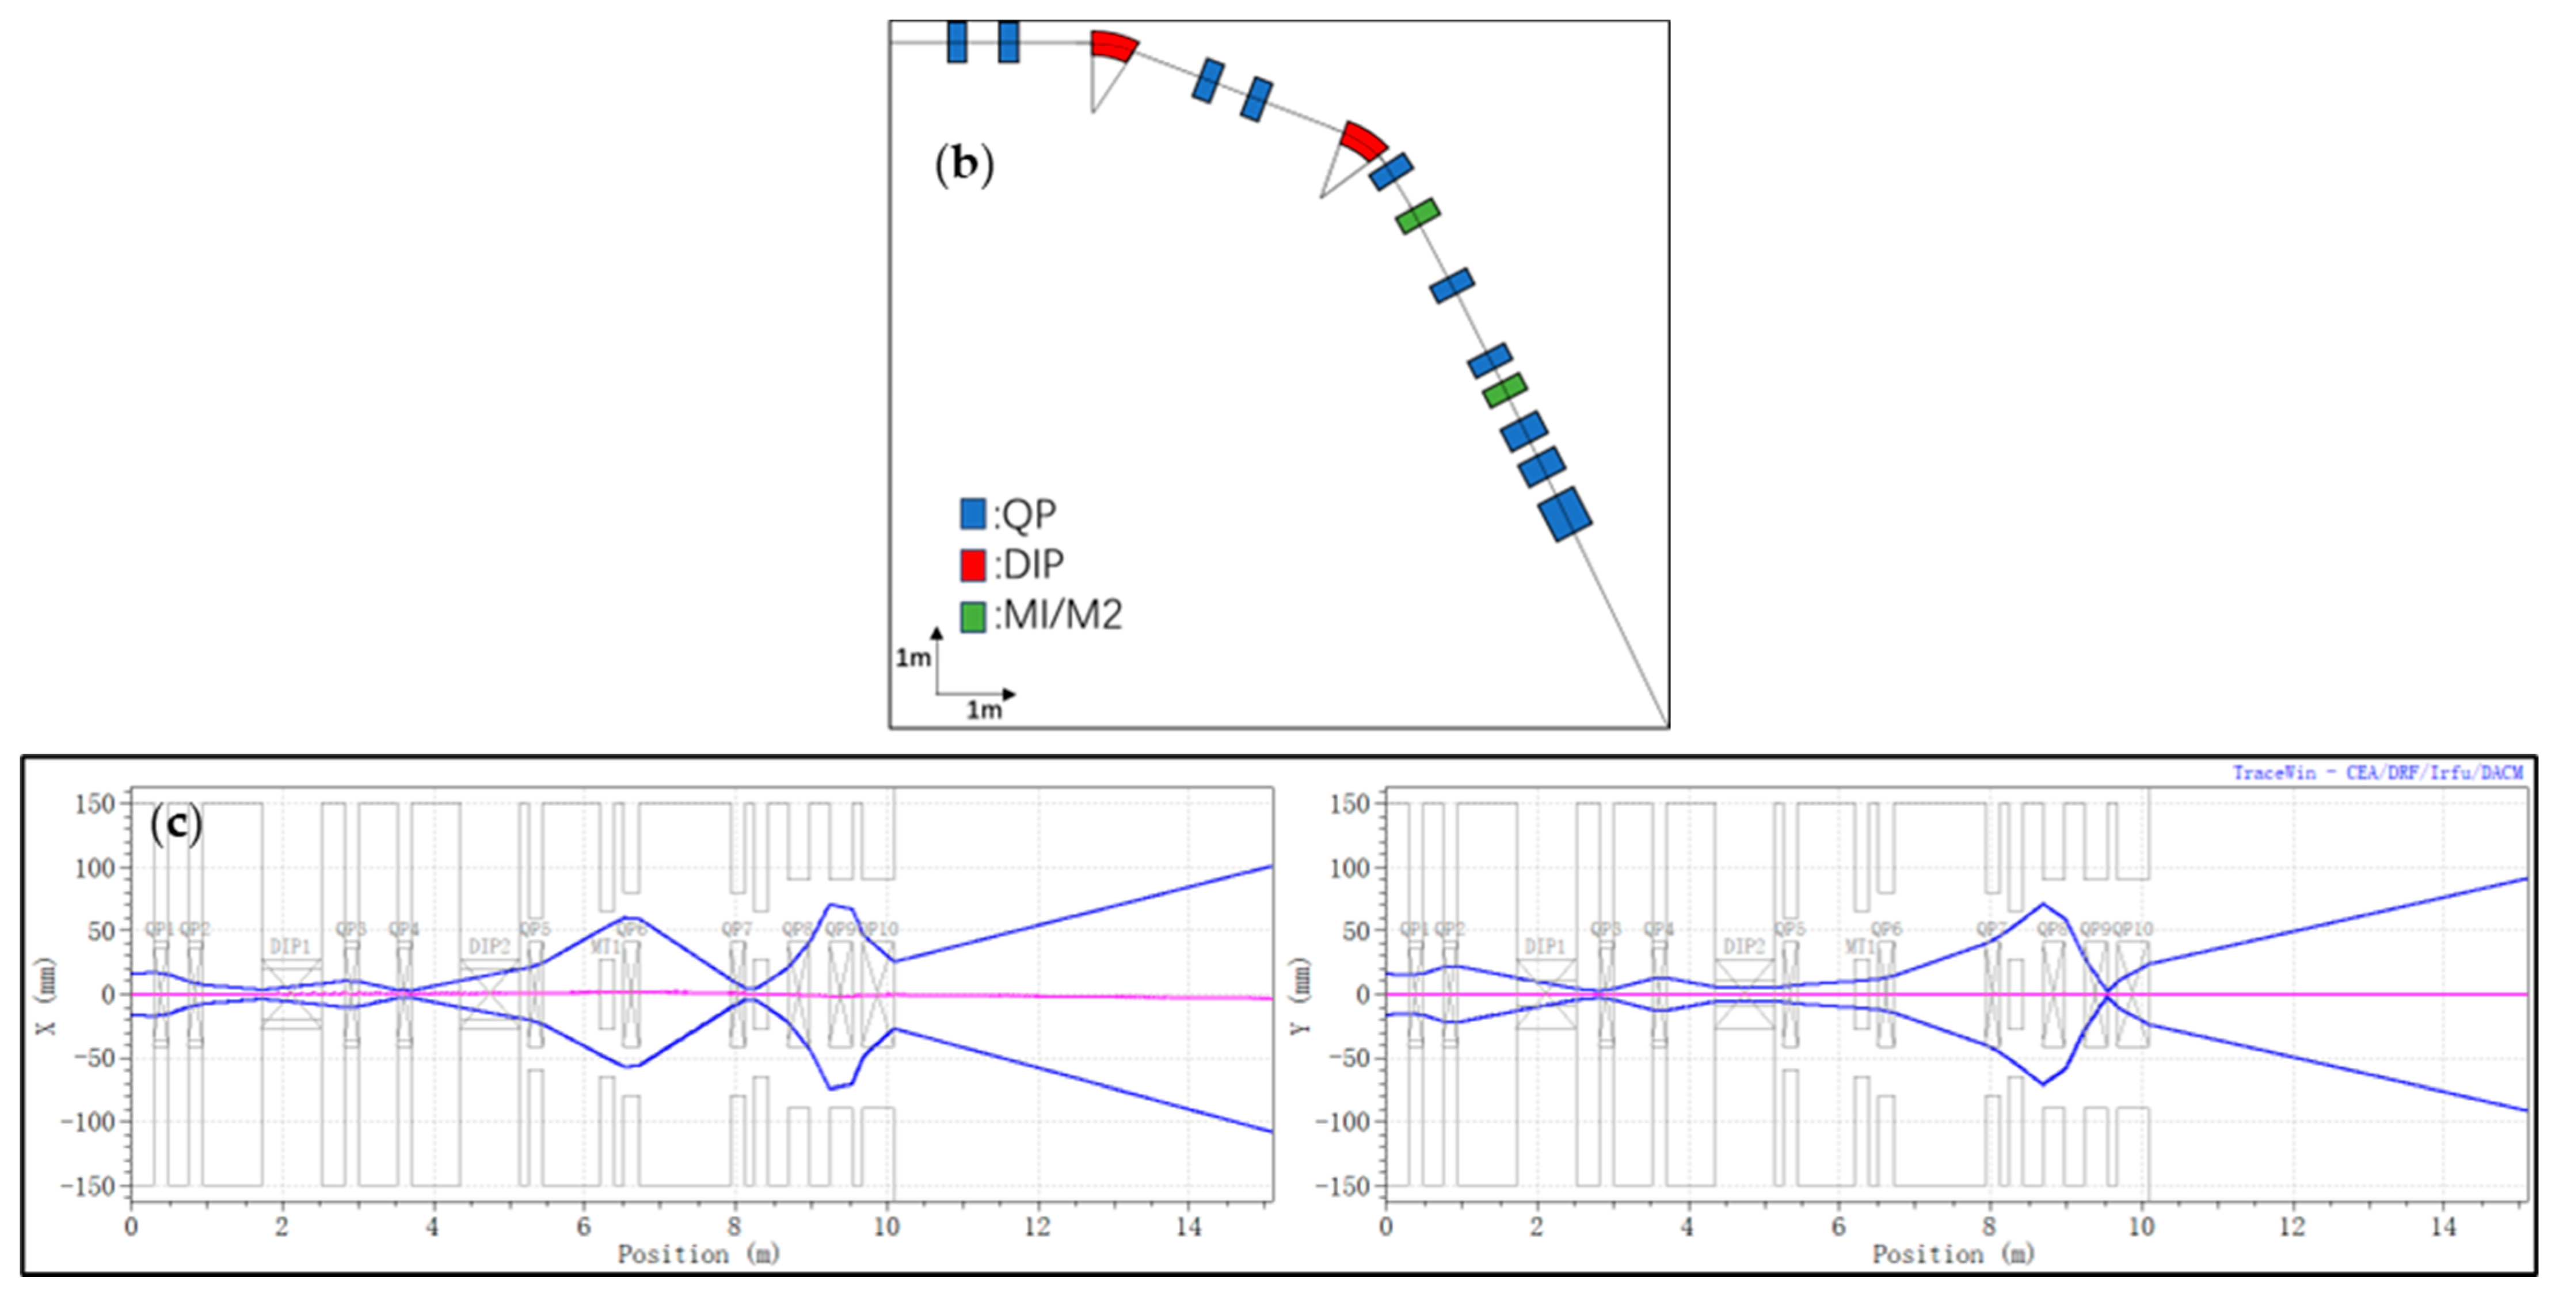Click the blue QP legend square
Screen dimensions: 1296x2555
click(972, 514)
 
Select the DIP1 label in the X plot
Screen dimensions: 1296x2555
click(290, 946)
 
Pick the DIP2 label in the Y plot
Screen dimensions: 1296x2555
click(1743, 946)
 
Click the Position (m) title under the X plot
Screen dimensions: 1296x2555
click(698, 1255)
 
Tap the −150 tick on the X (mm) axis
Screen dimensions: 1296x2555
click(88, 1186)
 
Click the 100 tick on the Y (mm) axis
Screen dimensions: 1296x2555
click(1349, 867)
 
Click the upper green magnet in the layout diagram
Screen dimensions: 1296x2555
click(1417, 215)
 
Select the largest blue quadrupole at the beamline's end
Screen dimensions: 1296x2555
click(1565, 514)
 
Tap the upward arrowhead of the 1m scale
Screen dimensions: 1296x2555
click(936, 632)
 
